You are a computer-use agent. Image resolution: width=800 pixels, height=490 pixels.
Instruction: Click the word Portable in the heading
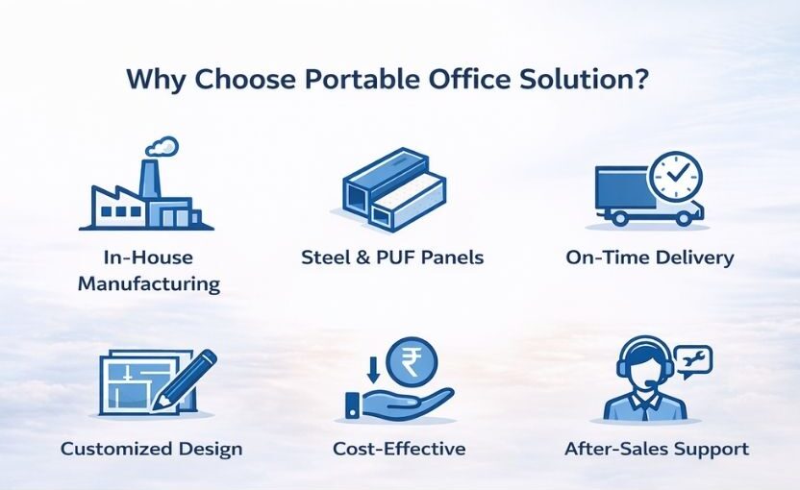pos(363,80)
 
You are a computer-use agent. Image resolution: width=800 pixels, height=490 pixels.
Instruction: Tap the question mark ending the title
pos(641,79)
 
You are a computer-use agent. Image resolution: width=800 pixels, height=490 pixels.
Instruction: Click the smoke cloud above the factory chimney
pos(162,146)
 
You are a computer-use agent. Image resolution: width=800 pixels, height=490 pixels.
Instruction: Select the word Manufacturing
pos(149,283)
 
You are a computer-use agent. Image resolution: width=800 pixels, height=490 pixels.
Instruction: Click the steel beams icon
pos(394,188)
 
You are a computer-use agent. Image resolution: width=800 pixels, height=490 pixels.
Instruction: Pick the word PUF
pos(395,257)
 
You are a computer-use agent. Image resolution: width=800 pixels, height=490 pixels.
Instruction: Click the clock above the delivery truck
pos(675,176)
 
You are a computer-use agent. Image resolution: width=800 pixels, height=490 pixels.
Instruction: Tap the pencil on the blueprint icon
pos(187,378)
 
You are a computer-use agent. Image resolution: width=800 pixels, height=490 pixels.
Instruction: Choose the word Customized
pos(115,450)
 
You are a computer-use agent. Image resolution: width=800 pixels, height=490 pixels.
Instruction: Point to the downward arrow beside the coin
pos(373,370)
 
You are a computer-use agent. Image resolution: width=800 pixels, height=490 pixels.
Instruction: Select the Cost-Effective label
pos(399,449)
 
